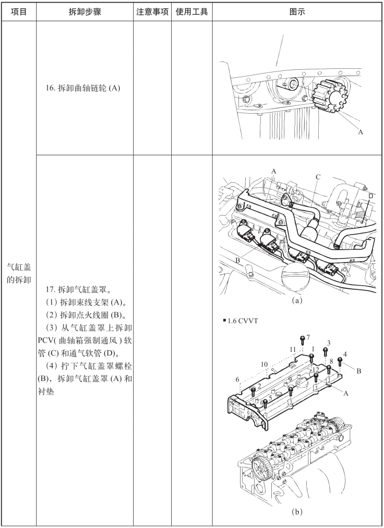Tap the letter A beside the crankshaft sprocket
coord(360,132)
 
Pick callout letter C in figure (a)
coord(318,177)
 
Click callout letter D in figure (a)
coord(370,195)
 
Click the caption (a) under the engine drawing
coord(297,300)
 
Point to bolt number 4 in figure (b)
coord(340,360)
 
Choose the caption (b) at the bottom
coord(297,512)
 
